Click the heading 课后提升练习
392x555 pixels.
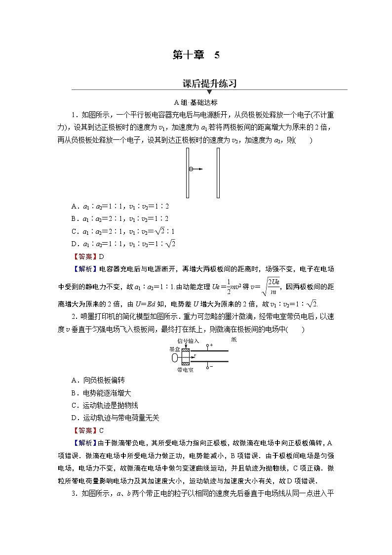(209, 84)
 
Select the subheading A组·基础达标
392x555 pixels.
(196, 103)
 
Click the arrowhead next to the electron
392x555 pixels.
(201, 169)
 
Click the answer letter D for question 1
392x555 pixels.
(102, 256)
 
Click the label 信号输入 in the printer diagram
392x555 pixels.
(188, 341)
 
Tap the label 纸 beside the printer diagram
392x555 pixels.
(233, 340)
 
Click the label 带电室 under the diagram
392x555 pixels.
(186, 369)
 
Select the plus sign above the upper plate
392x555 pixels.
(212, 344)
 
